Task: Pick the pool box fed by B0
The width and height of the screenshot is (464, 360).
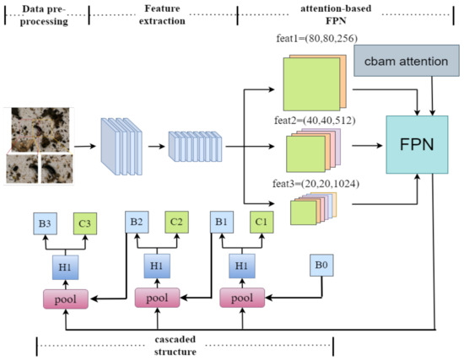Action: point(242,298)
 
